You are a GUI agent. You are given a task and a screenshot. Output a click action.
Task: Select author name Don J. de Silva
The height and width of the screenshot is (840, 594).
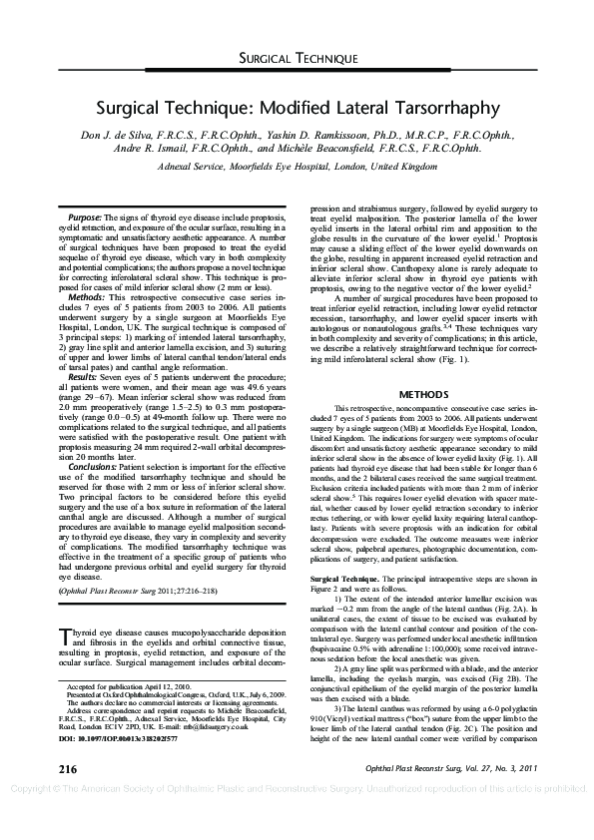[117, 134]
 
